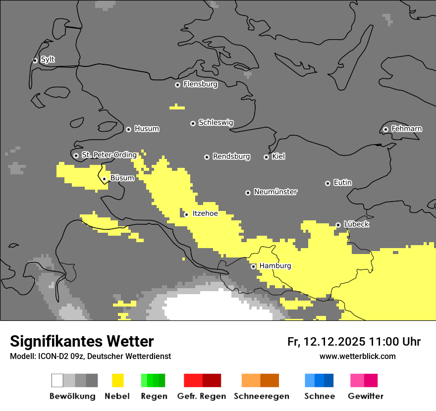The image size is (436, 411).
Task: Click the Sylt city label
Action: [x=48, y=59]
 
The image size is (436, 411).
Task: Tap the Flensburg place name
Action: [x=200, y=84]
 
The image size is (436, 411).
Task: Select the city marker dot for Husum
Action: [x=128, y=129]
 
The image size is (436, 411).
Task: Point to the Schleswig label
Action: [x=216, y=122]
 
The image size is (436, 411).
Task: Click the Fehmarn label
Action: [x=406, y=129]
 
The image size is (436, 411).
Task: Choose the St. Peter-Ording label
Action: [x=109, y=155]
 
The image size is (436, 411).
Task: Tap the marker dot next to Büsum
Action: [x=104, y=179]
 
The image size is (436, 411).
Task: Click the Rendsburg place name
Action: [x=231, y=156]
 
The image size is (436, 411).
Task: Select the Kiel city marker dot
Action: [x=266, y=157]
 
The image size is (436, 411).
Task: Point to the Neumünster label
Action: [x=275, y=192]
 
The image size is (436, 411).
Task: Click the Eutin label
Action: [x=342, y=183]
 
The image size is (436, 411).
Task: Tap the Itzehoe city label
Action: [x=205, y=213]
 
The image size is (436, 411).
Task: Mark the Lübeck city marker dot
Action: [x=338, y=225]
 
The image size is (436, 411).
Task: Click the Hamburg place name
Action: [x=275, y=266]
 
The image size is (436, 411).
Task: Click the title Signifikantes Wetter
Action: [x=82, y=341]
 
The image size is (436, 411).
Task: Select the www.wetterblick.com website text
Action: [x=357, y=356]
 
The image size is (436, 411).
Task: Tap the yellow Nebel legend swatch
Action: [x=117, y=380]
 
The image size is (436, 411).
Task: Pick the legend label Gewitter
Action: [x=365, y=396]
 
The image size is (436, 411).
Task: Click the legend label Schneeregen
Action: [x=261, y=396]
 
